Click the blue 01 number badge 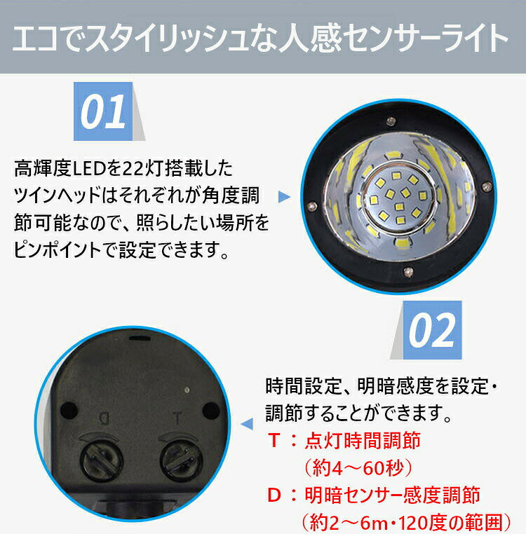103,111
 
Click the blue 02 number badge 432,330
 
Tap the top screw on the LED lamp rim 391,121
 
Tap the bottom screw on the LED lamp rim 408,271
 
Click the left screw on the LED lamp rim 311,206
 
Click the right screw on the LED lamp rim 487,186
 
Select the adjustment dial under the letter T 181,460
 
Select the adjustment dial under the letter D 101,460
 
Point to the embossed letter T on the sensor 177,418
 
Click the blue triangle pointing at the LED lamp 284,196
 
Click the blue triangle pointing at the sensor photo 247,424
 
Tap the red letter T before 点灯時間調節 274,440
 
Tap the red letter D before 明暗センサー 274,495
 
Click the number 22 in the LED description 132,169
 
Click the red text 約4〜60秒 358,468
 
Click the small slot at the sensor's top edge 140,338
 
